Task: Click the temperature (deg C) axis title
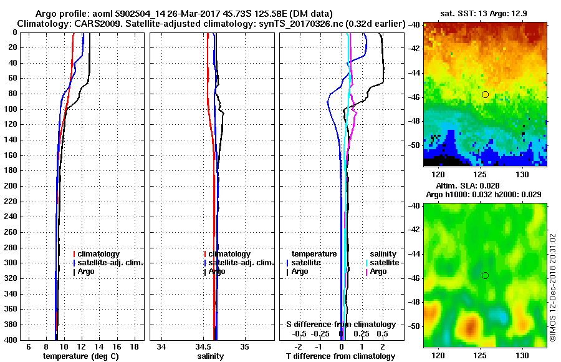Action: point(80,356)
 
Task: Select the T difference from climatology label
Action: point(340,356)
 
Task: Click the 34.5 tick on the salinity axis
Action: point(204,346)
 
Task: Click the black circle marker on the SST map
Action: point(485,94)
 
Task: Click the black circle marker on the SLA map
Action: point(485,275)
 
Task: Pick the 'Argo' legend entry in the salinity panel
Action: point(217,271)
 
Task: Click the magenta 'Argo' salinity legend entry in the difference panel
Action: point(378,271)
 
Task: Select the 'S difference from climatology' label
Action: point(340,325)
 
